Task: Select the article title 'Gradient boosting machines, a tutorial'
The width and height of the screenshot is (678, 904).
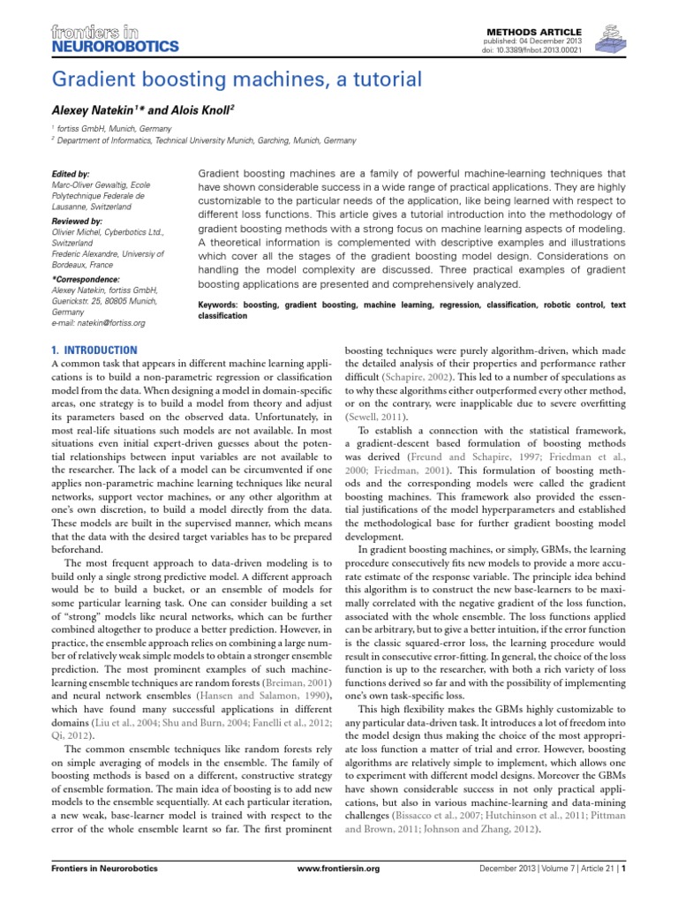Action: point(237,79)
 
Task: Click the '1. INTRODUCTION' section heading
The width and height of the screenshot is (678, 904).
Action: point(95,350)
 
